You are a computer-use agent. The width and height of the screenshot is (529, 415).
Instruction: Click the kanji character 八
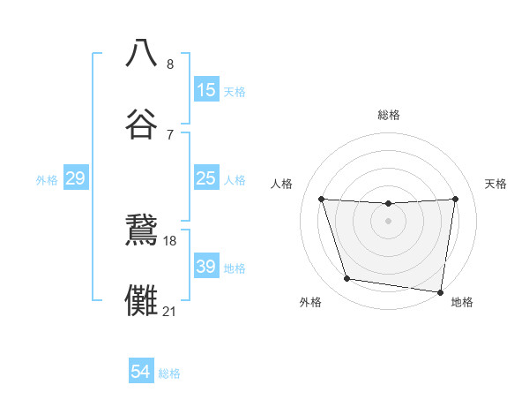pyautogui.click(x=142, y=53)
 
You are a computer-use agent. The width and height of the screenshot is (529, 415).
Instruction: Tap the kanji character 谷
pyautogui.click(x=142, y=124)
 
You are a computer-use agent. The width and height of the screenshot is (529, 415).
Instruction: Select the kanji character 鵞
pyautogui.click(x=142, y=230)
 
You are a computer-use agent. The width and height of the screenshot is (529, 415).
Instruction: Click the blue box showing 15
pyautogui.click(x=206, y=90)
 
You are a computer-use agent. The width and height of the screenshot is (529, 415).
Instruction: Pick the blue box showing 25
pyautogui.click(x=206, y=179)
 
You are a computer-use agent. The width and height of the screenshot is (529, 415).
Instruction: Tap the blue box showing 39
pyautogui.click(x=206, y=267)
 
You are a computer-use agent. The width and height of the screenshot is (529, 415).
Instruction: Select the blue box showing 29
pyautogui.click(x=76, y=179)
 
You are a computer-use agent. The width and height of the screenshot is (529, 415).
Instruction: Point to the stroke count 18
pyautogui.click(x=170, y=240)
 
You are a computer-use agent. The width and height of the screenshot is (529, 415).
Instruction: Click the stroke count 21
pyautogui.click(x=170, y=311)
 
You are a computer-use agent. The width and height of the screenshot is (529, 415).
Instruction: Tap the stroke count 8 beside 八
pyautogui.click(x=170, y=64)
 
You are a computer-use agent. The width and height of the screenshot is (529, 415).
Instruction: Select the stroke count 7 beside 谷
pyautogui.click(x=170, y=134)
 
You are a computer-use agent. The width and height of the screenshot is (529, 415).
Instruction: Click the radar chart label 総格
pyautogui.click(x=389, y=115)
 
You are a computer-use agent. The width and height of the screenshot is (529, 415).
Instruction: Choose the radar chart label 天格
pyautogui.click(x=496, y=184)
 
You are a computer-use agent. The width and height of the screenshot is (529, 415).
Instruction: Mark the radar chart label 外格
pyautogui.click(x=310, y=302)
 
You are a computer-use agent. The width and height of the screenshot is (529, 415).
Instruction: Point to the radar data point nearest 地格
pyautogui.click(x=441, y=291)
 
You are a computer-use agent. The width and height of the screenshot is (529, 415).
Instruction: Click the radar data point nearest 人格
pyautogui.click(x=322, y=199)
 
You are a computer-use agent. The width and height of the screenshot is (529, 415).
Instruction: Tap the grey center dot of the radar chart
pyautogui.click(x=389, y=220)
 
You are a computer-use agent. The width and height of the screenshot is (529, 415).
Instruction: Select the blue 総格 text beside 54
pyautogui.click(x=169, y=373)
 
